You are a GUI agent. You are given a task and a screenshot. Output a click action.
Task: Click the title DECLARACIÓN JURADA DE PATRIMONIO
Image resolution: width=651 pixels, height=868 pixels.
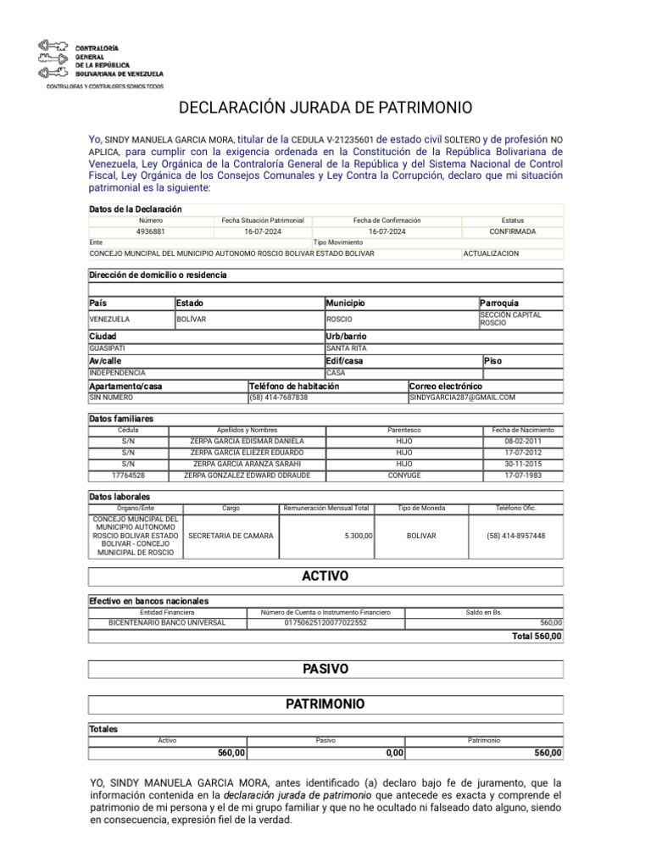pyautogui.click(x=325, y=108)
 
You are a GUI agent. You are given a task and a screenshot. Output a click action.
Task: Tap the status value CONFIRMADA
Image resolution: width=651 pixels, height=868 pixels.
pyautogui.click(x=512, y=231)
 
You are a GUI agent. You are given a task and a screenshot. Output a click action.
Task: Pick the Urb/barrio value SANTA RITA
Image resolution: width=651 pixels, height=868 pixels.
pyautogui.click(x=347, y=348)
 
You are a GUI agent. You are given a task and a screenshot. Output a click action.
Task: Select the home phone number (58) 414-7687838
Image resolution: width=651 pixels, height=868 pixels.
pyautogui.click(x=279, y=397)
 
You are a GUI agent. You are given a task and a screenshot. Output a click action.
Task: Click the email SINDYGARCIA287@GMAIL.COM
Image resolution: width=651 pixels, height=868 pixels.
pyautogui.click(x=462, y=397)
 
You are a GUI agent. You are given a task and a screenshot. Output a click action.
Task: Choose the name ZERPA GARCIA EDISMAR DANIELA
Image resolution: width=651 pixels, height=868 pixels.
pyautogui.click(x=247, y=442)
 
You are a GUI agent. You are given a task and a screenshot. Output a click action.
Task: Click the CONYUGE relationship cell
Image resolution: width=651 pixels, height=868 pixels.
pyautogui.click(x=403, y=476)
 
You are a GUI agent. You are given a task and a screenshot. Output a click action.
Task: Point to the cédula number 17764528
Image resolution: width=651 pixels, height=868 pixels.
pyautogui.click(x=128, y=476)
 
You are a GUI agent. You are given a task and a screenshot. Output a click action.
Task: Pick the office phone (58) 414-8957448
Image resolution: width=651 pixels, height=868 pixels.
pyautogui.click(x=515, y=536)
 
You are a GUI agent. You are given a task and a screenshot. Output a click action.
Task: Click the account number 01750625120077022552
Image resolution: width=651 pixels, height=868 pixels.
pyautogui.click(x=325, y=622)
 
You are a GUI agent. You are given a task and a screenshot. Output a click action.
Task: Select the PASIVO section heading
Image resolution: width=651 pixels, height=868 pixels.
pyautogui.click(x=325, y=669)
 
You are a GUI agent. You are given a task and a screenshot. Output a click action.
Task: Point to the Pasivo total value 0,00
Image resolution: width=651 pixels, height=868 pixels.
pyautogui.click(x=393, y=753)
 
